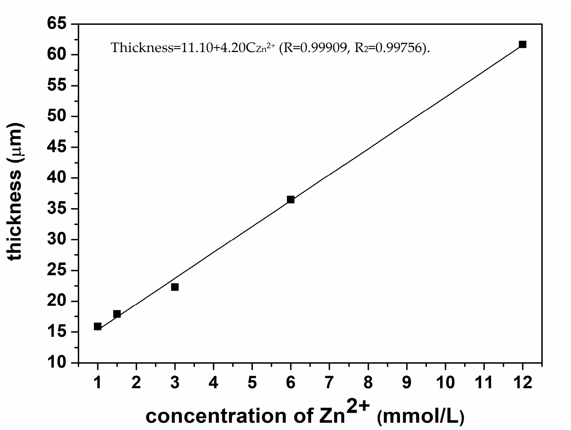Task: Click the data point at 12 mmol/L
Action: [522, 44]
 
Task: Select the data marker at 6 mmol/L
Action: [291, 199]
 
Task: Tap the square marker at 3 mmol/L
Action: [175, 287]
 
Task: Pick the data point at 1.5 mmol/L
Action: [117, 314]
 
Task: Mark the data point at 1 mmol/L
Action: [98, 326]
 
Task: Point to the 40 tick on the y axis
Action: [57, 178]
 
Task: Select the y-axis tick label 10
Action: [57, 363]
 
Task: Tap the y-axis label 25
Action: [57, 270]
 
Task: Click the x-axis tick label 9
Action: [407, 383]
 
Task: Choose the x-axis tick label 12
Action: [523, 383]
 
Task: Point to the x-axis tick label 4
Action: [213, 383]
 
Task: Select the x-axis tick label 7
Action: [329, 383]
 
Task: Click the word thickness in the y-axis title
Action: [15, 216]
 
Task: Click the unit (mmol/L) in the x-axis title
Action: [420, 416]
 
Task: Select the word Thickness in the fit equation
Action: [142, 47]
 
